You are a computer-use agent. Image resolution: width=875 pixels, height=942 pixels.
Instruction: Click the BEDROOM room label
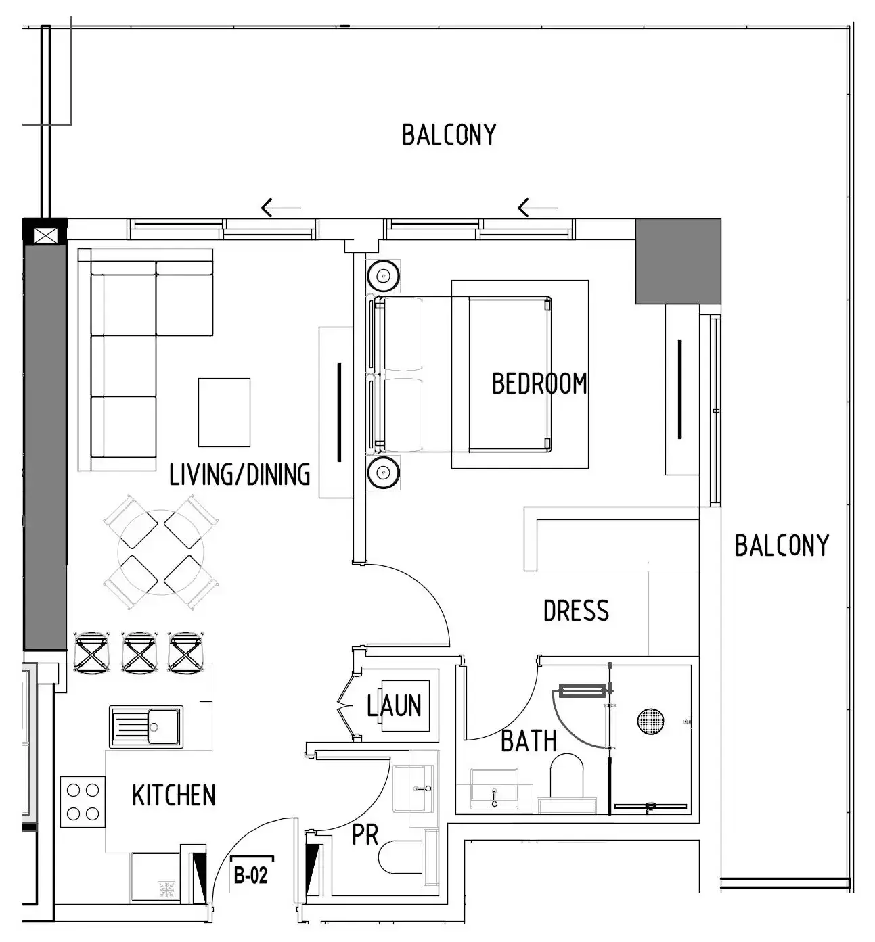[x=539, y=383]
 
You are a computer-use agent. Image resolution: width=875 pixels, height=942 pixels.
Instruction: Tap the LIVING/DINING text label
[x=240, y=474]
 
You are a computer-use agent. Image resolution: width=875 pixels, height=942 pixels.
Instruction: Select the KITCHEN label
[x=174, y=795]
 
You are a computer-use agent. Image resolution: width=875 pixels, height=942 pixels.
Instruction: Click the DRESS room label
[x=576, y=611]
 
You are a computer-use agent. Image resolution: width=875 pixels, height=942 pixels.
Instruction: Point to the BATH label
[x=529, y=741]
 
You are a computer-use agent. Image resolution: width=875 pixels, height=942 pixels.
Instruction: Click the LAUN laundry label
[x=395, y=706]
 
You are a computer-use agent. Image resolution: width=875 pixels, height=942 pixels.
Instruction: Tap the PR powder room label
[x=365, y=835]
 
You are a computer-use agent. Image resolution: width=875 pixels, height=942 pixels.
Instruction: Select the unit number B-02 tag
[x=251, y=876]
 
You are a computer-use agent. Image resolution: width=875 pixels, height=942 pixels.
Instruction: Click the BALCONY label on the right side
[x=782, y=545]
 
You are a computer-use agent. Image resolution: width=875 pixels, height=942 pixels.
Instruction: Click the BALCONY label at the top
[x=449, y=135]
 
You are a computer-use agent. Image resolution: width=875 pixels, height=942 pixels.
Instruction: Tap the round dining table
[x=160, y=552]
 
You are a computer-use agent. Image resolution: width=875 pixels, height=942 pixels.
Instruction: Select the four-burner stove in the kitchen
[x=83, y=801]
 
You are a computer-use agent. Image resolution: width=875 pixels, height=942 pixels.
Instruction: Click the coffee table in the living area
[x=224, y=412]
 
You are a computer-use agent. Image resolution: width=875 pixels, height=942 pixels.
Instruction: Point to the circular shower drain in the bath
[x=650, y=721]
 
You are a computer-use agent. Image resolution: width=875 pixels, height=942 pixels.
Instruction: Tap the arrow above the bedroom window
[x=537, y=208]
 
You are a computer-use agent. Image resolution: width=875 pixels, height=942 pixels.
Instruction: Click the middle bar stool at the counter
[x=139, y=652]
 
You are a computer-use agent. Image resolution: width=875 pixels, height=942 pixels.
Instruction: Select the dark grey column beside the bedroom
[x=678, y=260]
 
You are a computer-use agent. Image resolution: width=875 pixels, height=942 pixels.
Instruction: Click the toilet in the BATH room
[x=567, y=778]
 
